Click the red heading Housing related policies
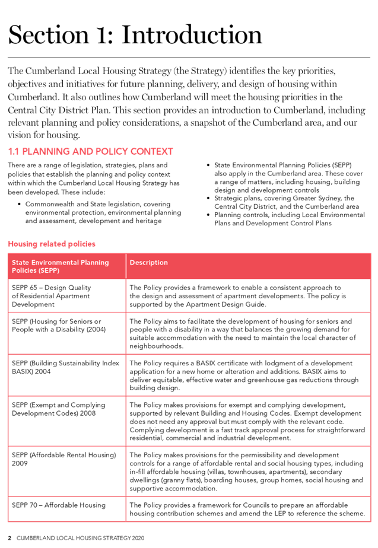coord(52,244)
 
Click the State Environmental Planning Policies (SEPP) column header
coord(53,266)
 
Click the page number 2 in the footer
coord(9,537)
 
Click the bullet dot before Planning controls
coord(208,214)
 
